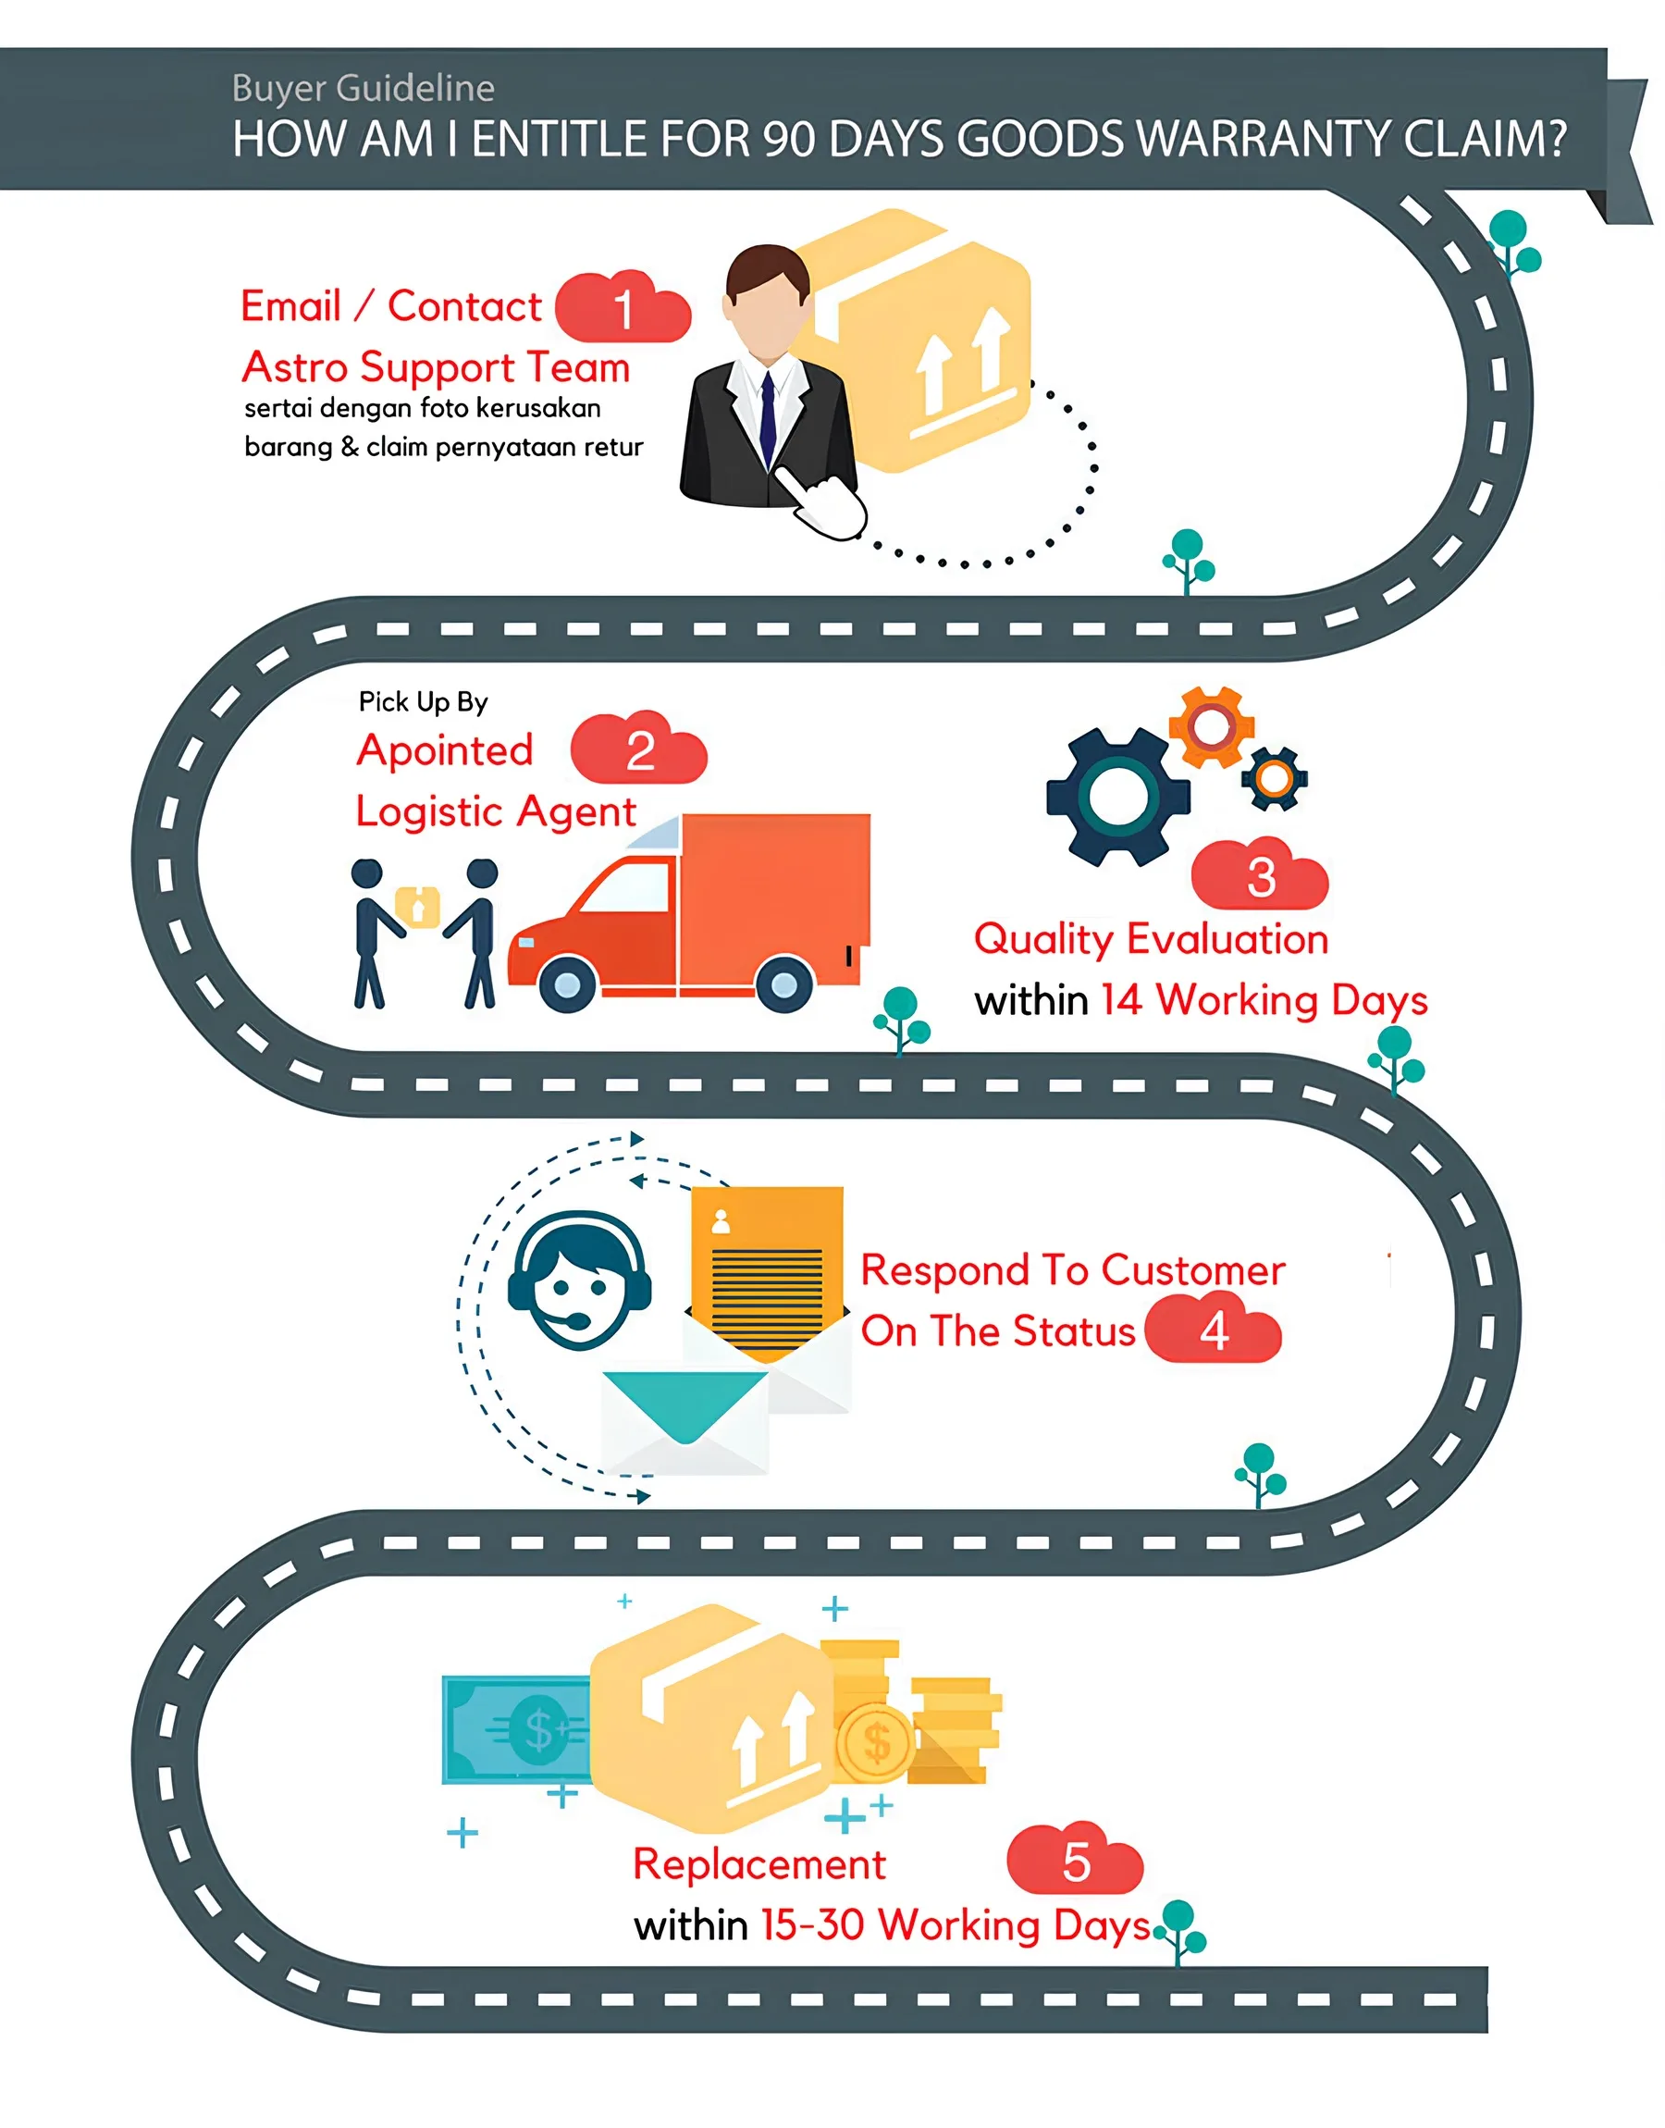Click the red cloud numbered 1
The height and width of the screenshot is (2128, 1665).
tap(623, 307)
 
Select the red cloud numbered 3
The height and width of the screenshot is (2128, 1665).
tap(1260, 874)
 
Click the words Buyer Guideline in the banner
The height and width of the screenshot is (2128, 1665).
tap(364, 88)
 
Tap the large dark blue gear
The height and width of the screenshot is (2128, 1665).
tap(1118, 798)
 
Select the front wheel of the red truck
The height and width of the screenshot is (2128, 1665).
tap(567, 984)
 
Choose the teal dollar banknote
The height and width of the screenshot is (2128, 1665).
tap(517, 1729)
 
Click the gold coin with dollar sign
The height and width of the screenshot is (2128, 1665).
tap(875, 1743)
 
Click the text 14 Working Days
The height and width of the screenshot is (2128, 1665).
tap(1264, 1000)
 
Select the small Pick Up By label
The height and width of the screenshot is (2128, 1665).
tap(423, 702)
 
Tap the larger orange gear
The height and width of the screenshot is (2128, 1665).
tap(1211, 726)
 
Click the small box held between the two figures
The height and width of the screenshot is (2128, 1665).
tap(417, 907)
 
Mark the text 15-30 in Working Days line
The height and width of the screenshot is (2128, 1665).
tap(812, 1925)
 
